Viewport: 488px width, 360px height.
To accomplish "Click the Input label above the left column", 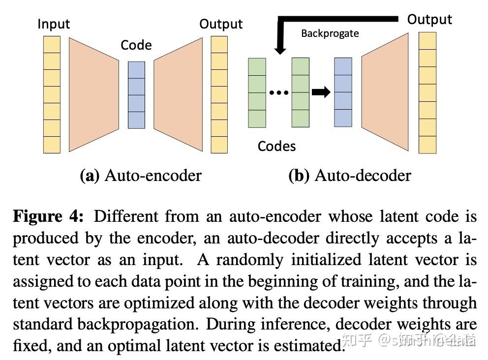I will (x=54, y=24).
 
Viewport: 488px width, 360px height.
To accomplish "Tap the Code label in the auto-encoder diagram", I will (x=136, y=45).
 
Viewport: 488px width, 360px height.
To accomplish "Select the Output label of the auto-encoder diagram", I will (x=221, y=24).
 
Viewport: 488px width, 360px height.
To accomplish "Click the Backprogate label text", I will (x=330, y=33).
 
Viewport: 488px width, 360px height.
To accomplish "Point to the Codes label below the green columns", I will (x=276, y=146).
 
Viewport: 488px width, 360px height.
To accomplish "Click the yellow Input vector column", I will (x=52, y=94).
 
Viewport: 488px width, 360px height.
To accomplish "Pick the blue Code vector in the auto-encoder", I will (x=136, y=95).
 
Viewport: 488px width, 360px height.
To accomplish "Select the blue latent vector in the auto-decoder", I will (x=343, y=92).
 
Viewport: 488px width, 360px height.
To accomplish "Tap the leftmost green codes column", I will (x=257, y=92).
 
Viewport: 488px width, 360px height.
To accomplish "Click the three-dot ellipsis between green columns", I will (x=279, y=92).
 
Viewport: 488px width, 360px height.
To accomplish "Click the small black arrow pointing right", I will (x=321, y=92).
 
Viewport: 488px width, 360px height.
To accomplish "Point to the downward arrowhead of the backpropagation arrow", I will (x=280, y=49).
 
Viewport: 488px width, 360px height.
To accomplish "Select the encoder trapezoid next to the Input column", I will (x=93, y=94).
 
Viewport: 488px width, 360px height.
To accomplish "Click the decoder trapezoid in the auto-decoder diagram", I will (x=385, y=93).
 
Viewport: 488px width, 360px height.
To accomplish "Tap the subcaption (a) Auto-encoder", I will (x=141, y=176).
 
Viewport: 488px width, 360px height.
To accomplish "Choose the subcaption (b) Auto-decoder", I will (x=349, y=176).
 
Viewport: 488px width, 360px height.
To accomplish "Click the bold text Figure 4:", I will (x=48, y=216).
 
